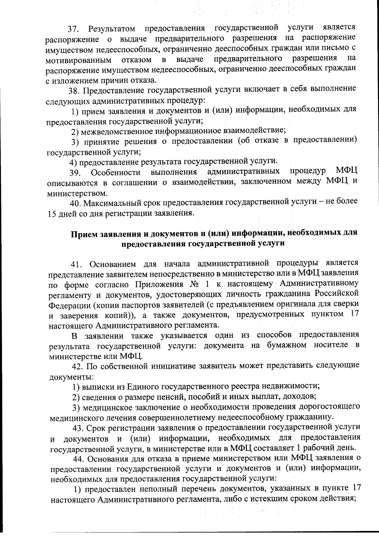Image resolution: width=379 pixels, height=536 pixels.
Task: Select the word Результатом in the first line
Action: [112, 29]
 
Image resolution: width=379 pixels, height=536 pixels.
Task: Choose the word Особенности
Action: [116, 173]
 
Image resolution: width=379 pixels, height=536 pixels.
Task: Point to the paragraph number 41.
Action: [77, 264]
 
